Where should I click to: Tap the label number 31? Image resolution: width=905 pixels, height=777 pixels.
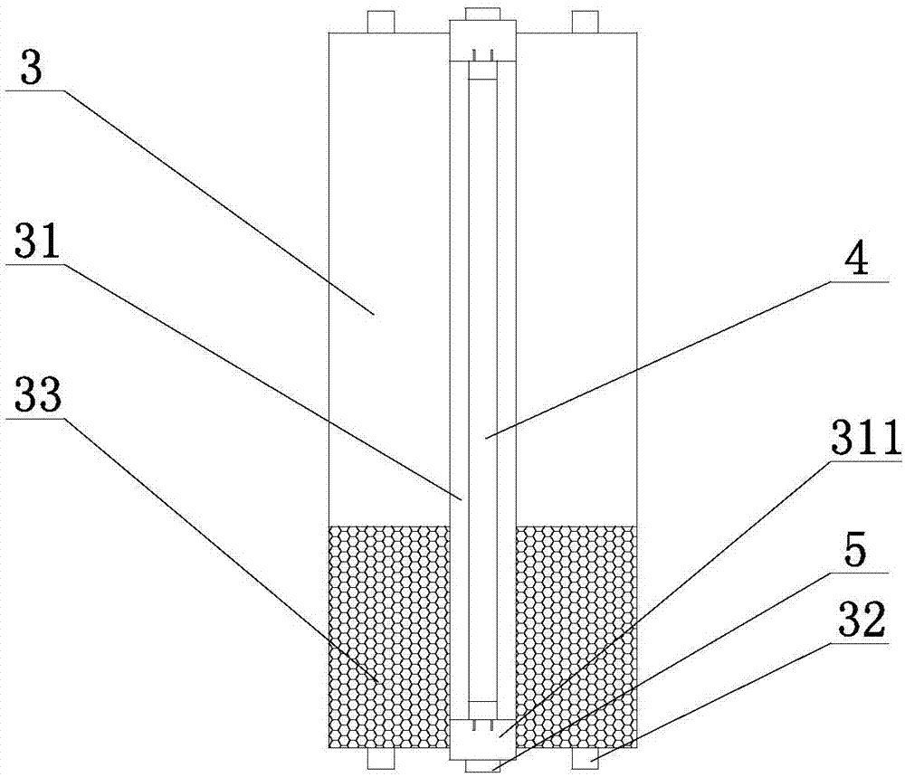point(37,242)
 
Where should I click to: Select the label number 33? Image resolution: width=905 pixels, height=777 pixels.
point(38,395)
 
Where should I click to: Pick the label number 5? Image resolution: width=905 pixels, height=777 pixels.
point(855,550)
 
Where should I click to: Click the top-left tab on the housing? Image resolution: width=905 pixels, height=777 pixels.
point(381,22)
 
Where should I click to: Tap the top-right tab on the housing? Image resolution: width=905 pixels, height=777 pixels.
point(586,22)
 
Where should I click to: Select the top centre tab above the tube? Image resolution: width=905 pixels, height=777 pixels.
point(482,14)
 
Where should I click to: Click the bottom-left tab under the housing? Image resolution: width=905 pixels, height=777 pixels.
point(381,759)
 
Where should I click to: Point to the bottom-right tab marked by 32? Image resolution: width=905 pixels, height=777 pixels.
point(586,759)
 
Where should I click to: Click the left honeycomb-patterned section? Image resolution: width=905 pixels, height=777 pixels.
point(388,637)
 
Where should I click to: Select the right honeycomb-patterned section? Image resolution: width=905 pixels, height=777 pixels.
point(576,637)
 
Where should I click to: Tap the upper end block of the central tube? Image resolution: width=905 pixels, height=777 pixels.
point(482,41)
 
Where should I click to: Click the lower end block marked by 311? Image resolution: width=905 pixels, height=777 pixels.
point(482,740)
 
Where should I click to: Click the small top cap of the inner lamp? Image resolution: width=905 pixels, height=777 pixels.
point(482,71)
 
